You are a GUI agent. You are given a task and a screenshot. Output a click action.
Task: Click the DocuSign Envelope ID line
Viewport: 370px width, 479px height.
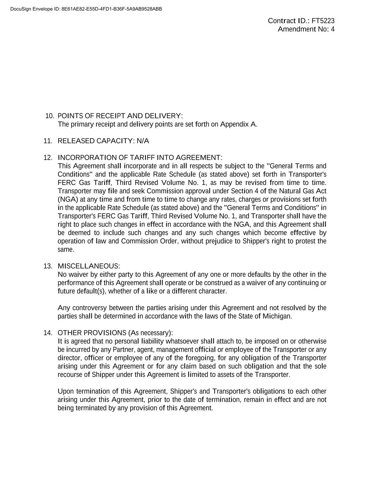(86, 9)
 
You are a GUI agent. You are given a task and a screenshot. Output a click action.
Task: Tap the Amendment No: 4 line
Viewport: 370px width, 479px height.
(306, 29)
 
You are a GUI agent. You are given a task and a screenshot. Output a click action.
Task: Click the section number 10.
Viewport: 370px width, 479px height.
(50, 116)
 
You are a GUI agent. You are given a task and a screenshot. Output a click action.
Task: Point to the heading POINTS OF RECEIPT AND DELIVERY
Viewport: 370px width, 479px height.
(120, 116)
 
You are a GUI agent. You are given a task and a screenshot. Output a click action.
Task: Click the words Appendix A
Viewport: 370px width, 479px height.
(238, 124)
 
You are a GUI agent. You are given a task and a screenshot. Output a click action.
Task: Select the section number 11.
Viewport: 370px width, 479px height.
(48, 141)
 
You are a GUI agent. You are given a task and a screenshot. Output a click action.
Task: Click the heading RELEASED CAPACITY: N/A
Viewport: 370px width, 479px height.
(103, 141)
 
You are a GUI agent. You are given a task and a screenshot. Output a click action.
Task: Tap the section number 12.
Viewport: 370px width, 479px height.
(48, 158)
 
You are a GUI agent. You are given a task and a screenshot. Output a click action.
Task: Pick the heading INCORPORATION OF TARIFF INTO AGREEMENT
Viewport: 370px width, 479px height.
(140, 158)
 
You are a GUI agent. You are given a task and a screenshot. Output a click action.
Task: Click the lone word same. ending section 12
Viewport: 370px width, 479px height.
(66, 250)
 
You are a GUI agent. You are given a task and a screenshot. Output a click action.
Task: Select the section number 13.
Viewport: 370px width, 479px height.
(48, 266)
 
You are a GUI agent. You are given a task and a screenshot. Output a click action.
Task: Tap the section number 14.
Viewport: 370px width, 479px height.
(48, 333)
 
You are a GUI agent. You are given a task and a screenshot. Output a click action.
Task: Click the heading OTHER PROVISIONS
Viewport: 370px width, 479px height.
(92, 333)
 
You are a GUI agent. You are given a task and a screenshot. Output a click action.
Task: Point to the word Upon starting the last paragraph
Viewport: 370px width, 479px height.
(66, 391)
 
